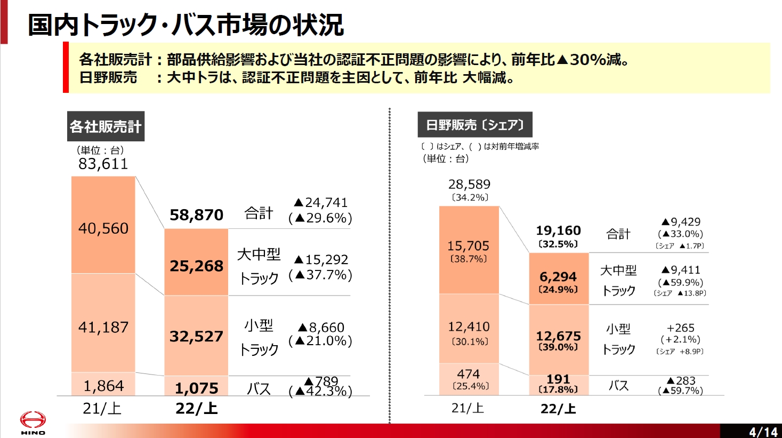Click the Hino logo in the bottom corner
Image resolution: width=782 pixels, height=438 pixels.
point(33,423)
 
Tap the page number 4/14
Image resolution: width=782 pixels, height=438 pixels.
point(763,432)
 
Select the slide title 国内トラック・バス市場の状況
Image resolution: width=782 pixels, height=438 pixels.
point(186,25)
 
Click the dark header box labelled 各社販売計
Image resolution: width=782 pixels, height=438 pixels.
point(106,126)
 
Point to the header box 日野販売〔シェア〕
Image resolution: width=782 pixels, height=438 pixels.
point(474,125)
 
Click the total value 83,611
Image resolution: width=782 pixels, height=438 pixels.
point(103,164)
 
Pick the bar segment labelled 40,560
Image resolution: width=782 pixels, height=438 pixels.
point(103,228)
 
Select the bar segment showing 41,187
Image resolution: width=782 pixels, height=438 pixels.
point(103,327)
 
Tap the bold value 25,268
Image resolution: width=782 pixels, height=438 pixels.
point(196,266)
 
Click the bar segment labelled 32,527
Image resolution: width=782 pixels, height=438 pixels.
point(196,336)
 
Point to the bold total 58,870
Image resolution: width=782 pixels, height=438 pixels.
point(196,215)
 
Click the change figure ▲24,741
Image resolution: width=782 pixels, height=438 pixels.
point(320,203)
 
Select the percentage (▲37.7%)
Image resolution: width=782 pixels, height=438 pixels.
point(320,275)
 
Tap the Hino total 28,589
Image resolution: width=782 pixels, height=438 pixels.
point(469,185)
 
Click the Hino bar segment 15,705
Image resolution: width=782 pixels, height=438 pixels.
point(468,246)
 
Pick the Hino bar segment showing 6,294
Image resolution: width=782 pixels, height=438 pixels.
point(558,277)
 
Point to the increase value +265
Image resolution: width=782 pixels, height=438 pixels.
point(680,328)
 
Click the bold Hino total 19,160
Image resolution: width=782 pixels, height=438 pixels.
point(558,230)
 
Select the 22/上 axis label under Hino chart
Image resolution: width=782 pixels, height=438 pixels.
point(558,409)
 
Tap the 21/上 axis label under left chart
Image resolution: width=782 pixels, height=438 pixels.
point(102,409)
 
